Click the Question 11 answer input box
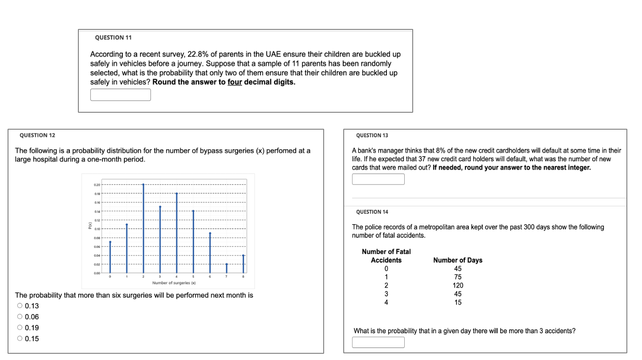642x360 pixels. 120,95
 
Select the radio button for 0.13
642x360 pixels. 20,306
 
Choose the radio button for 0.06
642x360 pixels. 20,317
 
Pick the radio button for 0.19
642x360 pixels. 20,328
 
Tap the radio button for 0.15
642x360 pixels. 20,339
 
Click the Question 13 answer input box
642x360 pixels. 378,179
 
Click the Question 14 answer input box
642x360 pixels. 378,342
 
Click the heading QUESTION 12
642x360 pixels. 38,135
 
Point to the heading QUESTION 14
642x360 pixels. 372,212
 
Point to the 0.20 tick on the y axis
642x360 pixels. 97,184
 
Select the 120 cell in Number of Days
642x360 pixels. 458,286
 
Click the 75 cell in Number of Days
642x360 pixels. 458,277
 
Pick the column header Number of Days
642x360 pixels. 458,260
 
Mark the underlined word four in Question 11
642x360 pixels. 235,82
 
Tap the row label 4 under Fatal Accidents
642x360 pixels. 386,303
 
